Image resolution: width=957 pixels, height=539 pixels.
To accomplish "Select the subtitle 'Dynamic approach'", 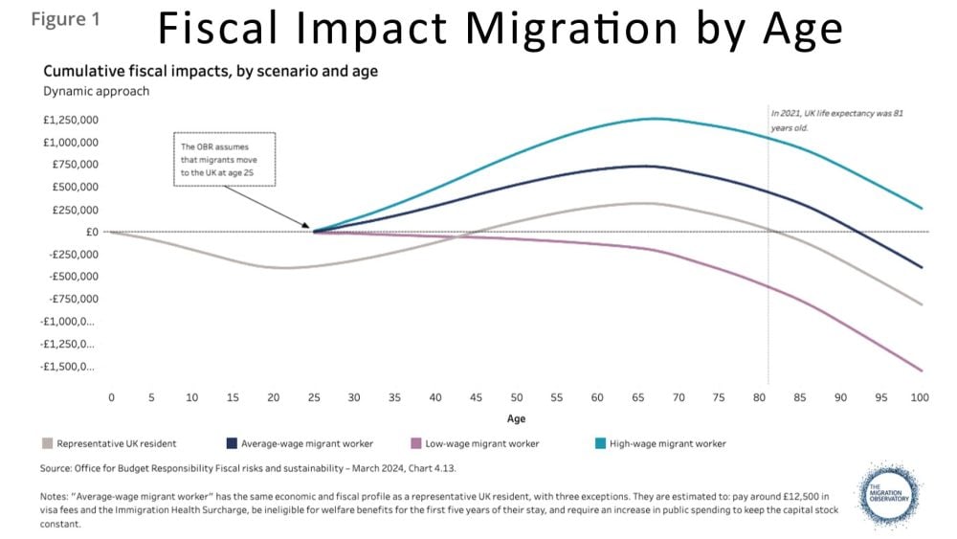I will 96,91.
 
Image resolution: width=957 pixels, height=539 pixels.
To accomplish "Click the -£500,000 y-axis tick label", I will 70,277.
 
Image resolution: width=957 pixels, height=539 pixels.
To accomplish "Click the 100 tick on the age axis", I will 920,396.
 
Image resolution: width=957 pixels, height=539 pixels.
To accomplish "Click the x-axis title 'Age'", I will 516,418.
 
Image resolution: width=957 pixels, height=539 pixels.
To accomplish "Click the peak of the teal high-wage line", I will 654,119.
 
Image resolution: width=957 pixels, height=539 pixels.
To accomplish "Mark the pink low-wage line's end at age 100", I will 922,371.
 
